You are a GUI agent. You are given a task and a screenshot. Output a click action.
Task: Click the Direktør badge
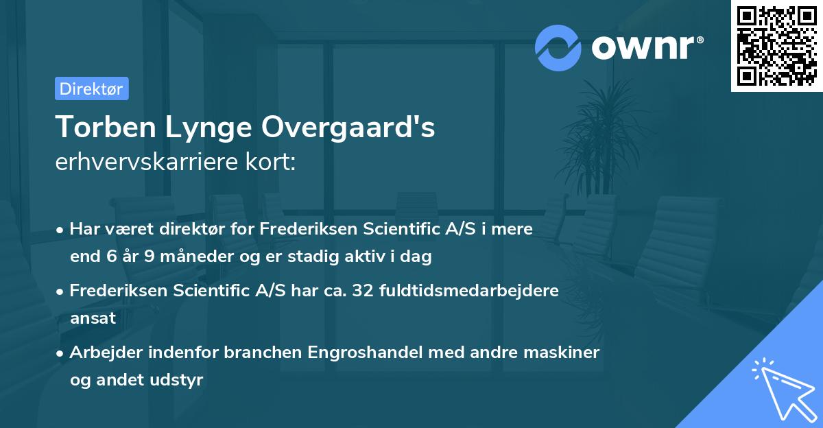[91, 88]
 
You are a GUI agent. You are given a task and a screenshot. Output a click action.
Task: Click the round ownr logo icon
[558, 47]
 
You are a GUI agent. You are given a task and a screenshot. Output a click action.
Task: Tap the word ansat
[93, 318]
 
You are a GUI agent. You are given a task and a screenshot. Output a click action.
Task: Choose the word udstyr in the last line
[179, 380]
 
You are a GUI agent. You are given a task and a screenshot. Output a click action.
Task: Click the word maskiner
[566, 353]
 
